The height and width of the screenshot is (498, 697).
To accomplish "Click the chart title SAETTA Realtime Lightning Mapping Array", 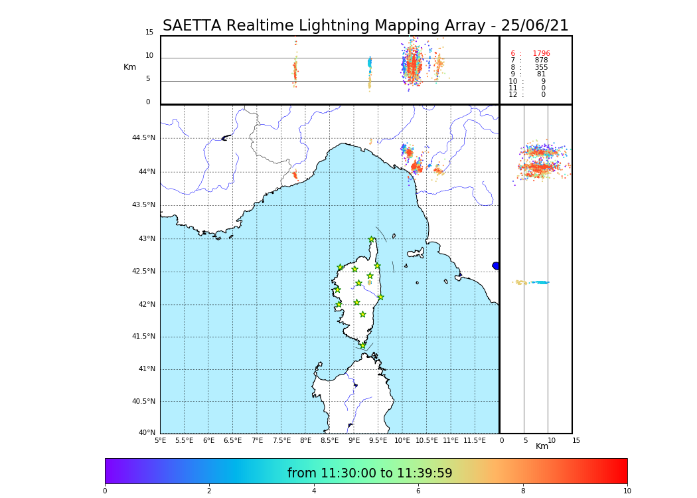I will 365,26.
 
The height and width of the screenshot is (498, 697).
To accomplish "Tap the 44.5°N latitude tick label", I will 143,138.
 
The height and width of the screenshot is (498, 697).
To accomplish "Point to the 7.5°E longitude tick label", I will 281,440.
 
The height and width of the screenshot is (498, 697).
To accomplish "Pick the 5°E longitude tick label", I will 161,440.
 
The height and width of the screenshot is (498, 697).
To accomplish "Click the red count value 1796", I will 541,54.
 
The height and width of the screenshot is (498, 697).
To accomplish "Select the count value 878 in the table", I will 541,60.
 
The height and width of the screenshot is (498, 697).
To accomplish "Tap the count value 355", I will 541,68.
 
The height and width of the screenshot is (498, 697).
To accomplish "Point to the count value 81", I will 541,74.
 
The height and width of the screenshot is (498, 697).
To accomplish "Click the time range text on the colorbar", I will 370,473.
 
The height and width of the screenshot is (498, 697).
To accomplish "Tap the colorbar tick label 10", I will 627,491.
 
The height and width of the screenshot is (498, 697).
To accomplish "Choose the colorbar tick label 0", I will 105,491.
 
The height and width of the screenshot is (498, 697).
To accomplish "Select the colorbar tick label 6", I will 418,491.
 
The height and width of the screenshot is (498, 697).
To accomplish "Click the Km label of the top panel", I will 129,67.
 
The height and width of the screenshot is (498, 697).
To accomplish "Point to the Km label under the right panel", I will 542,446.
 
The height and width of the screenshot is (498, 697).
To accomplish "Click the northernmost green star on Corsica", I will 372,240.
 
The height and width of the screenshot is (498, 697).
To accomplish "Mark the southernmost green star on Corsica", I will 362,345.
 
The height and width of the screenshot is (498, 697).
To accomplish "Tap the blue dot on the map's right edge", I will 496,266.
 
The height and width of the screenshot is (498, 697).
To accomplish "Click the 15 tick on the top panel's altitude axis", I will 149,33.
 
